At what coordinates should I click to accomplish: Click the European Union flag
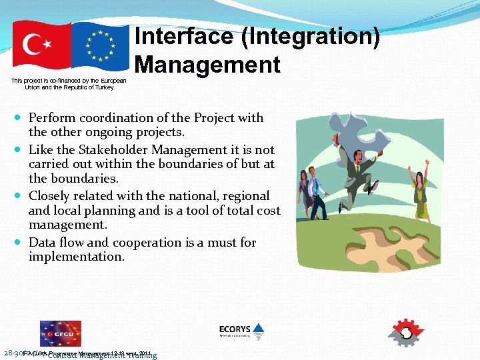pos(101,47)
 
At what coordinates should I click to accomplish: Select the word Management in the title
pos(207,65)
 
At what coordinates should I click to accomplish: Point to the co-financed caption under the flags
pos(69,84)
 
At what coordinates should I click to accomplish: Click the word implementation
pos(76,256)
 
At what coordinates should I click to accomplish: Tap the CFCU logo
pos(60,333)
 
